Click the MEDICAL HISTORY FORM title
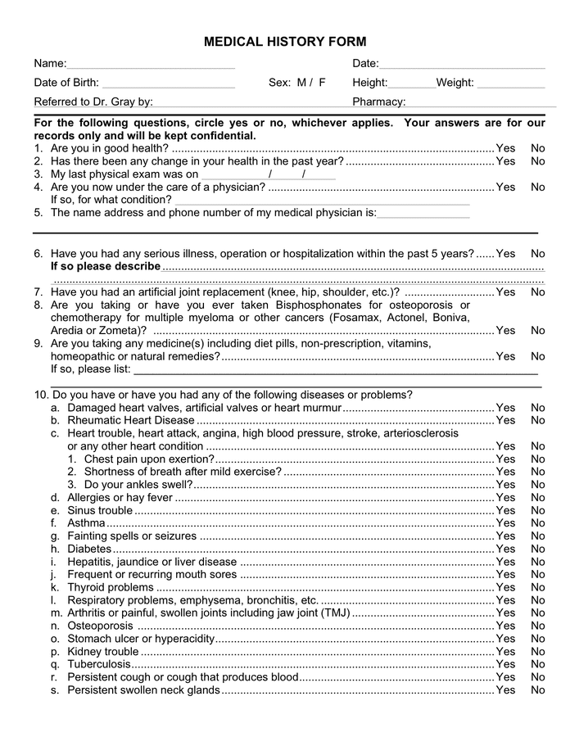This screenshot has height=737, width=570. (x=284, y=42)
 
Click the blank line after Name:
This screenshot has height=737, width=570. (x=151, y=65)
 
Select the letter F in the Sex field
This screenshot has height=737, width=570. (x=322, y=83)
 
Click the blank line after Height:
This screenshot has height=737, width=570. (x=412, y=84)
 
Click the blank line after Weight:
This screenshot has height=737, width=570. (x=510, y=84)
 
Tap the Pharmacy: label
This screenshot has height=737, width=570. (x=378, y=102)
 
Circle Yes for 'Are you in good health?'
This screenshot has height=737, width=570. (x=505, y=148)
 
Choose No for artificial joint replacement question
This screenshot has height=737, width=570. (x=537, y=292)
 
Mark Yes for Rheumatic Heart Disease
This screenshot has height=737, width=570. (x=505, y=420)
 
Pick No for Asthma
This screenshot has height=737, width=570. (x=537, y=523)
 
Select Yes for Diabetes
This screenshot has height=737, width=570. (x=505, y=549)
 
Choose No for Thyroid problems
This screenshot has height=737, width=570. (x=537, y=587)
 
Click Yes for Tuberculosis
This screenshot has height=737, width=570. (x=505, y=664)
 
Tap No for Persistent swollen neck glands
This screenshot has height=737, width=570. (x=537, y=690)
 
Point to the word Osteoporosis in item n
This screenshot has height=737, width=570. (x=100, y=626)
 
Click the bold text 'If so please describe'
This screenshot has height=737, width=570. (x=106, y=266)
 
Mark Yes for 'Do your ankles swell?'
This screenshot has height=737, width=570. (x=505, y=484)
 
